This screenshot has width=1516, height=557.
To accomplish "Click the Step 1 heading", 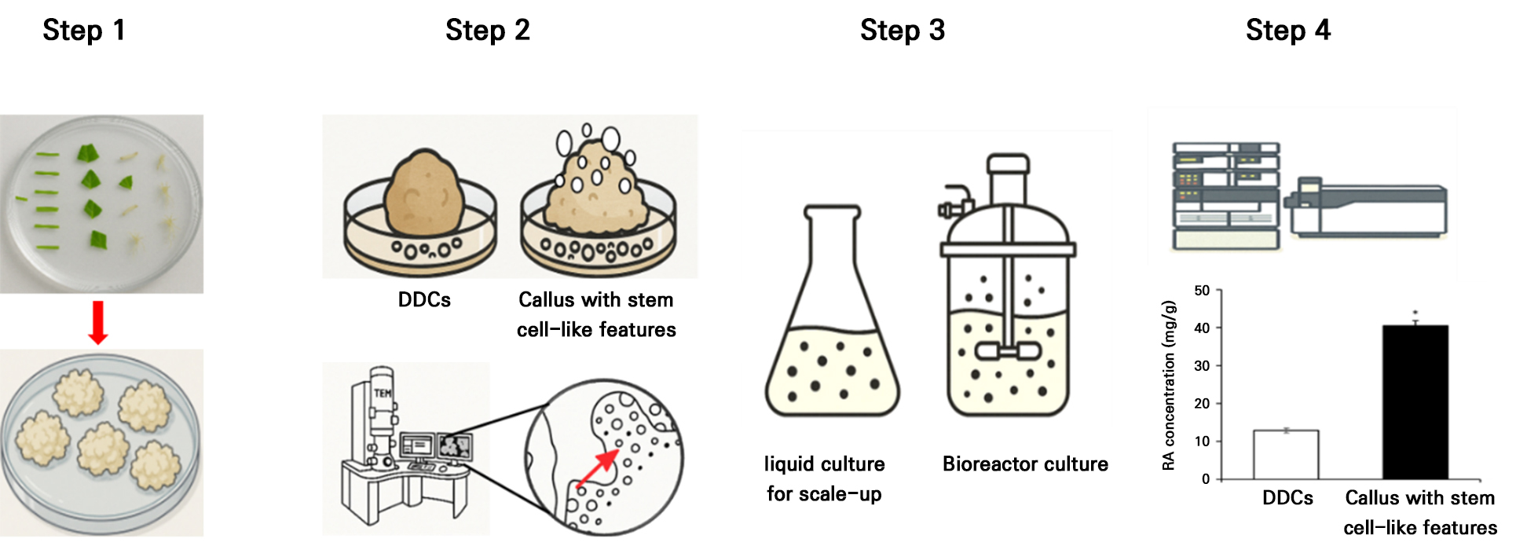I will click(x=84, y=31).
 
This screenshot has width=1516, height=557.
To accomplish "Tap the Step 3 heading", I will click(x=902, y=31).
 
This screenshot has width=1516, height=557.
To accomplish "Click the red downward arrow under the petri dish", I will click(x=98, y=322).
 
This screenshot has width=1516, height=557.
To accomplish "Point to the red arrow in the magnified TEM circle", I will click(x=597, y=469).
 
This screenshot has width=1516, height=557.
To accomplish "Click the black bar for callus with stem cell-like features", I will click(x=1415, y=401).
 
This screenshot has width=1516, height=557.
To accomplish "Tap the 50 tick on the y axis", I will click(x=1202, y=291).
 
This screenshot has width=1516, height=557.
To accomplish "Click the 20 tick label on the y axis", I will click(x=1202, y=404).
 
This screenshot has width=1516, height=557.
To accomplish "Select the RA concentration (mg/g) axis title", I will click(x=1169, y=385).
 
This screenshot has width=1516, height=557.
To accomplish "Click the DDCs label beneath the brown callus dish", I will click(x=424, y=300).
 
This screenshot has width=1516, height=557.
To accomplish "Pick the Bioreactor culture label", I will click(x=1025, y=464).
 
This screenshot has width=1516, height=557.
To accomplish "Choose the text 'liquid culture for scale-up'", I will click(x=824, y=478).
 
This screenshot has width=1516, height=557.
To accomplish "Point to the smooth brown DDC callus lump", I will click(x=425, y=195).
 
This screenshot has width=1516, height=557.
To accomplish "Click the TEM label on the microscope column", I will click(x=383, y=393).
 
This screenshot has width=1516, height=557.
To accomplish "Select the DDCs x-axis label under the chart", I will click(x=1287, y=498).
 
